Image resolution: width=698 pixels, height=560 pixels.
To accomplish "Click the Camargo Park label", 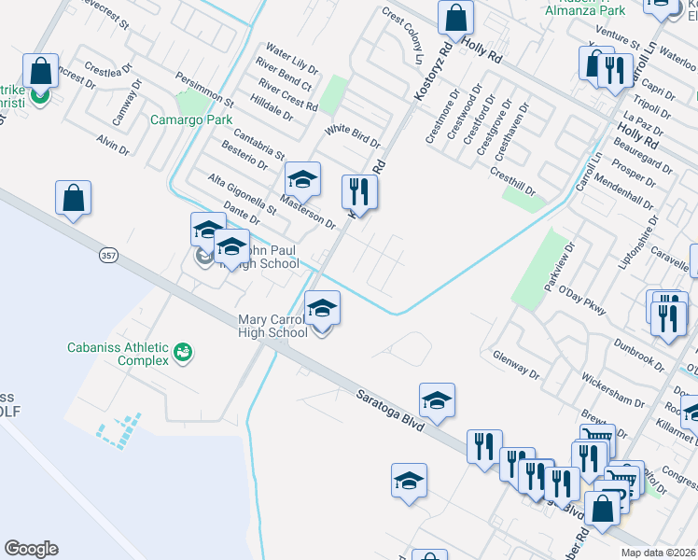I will [x=191, y=120].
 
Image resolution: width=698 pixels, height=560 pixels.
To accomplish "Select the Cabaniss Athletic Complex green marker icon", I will [x=183, y=352].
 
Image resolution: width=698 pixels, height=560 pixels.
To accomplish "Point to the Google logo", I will [x=31, y=549].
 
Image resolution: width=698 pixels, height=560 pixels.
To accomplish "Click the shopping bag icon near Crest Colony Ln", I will [x=455, y=17].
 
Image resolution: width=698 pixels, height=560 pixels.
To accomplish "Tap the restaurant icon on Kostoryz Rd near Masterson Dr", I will [x=359, y=191].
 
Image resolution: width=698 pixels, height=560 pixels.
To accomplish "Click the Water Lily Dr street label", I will [x=292, y=56].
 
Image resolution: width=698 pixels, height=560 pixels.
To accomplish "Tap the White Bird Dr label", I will [x=353, y=136].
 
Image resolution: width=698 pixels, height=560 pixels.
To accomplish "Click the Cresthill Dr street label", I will [x=512, y=180].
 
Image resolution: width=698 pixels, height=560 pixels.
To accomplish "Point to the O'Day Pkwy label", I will [x=582, y=298].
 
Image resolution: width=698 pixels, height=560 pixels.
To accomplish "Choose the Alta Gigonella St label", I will [x=242, y=193].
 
